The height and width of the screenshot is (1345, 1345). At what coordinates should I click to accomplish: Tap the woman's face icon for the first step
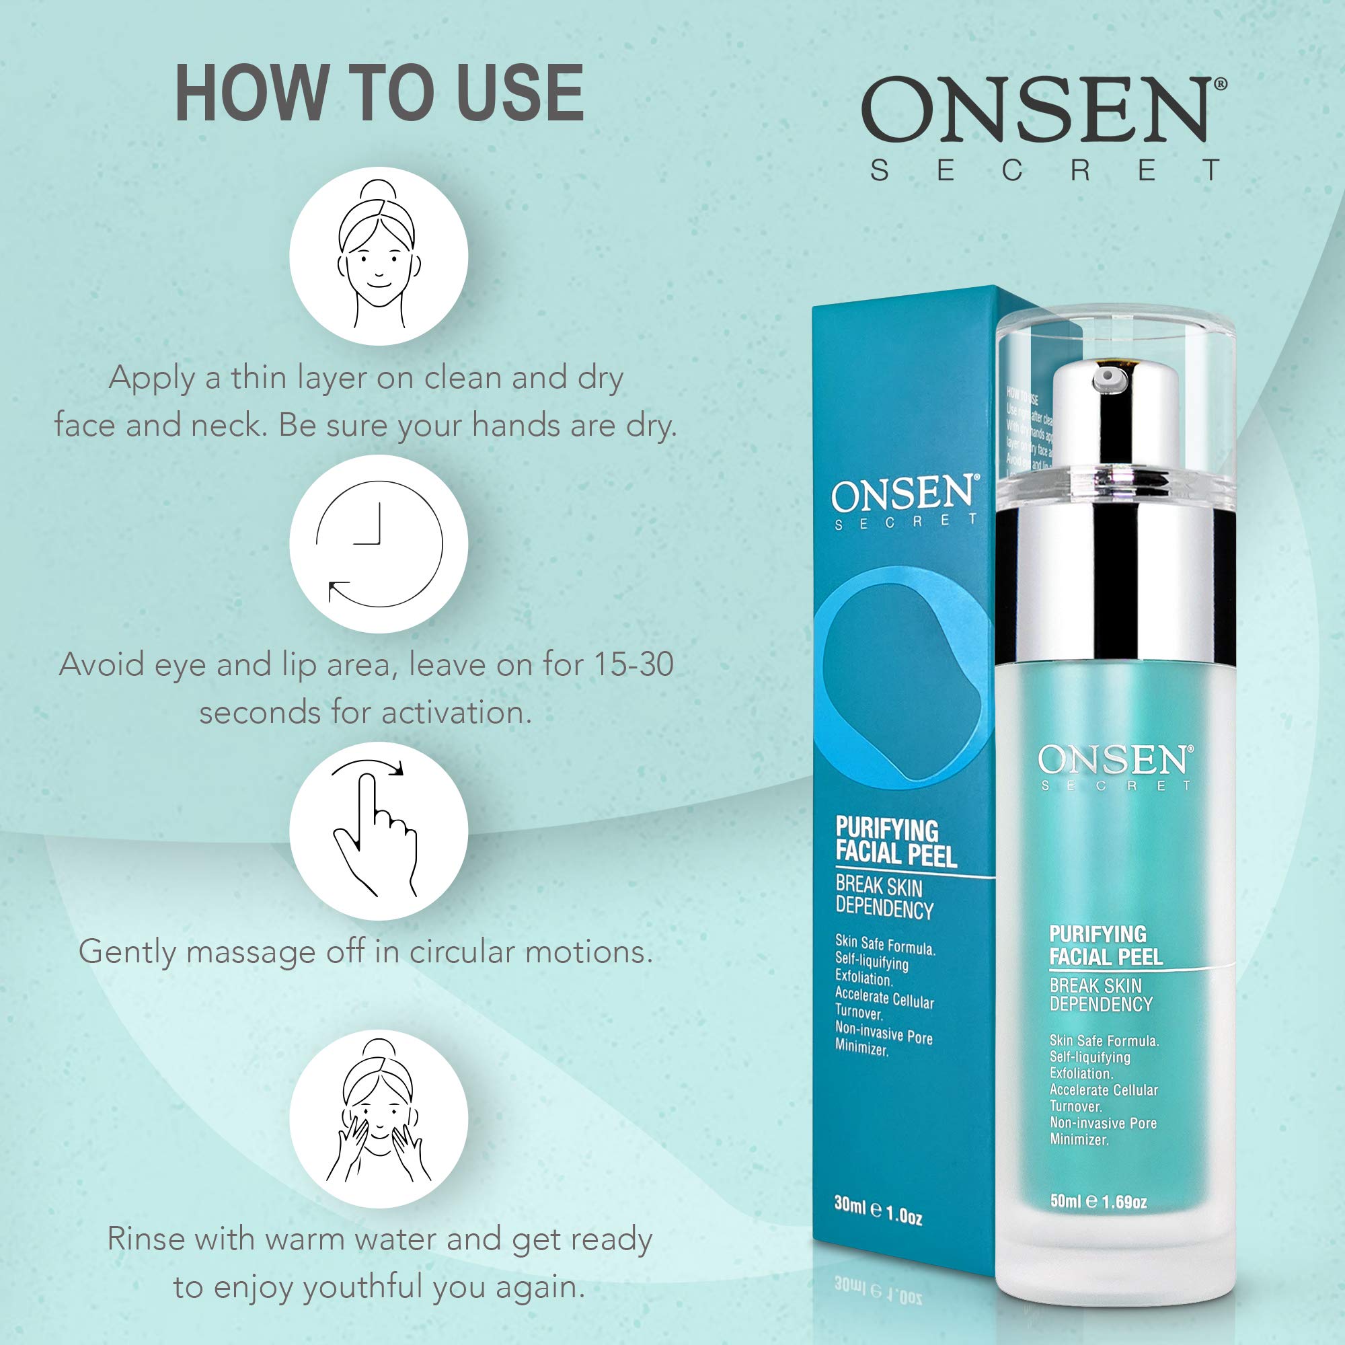(378, 256)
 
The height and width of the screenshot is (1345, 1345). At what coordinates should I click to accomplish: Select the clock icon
(378, 543)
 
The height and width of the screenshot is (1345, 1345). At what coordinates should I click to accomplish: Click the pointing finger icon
(378, 831)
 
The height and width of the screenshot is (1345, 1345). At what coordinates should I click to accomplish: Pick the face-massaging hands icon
(378, 1119)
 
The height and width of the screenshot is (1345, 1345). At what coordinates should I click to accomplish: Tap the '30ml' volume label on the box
(849, 1204)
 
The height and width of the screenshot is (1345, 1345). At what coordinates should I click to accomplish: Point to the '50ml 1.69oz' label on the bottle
(1099, 1201)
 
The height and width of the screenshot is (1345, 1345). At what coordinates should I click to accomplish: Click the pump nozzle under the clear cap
(1104, 377)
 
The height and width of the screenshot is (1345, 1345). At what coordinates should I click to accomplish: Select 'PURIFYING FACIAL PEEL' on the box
(896, 843)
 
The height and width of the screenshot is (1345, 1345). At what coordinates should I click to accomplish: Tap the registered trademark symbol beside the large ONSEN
(1221, 83)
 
